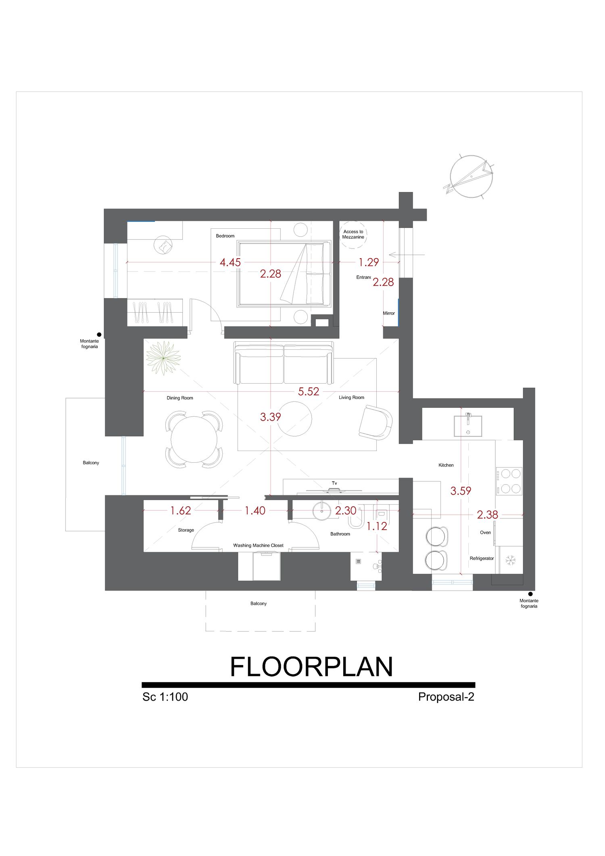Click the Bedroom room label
(225, 236)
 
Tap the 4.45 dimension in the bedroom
(230, 263)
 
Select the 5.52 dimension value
(309, 392)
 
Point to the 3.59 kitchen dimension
(461, 491)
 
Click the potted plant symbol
(163, 358)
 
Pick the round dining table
(194, 439)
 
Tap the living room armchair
(376, 422)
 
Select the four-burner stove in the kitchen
(509, 481)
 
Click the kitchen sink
(468, 426)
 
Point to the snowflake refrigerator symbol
(511, 560)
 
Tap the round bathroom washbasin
(322, 511)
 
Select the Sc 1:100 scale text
(165, 697)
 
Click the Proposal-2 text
(446, 697)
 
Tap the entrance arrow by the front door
(407, 255)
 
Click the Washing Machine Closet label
(258, 545)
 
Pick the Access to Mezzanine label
(353, 234)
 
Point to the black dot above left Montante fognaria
(99, 334)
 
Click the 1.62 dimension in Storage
(180, 511)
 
